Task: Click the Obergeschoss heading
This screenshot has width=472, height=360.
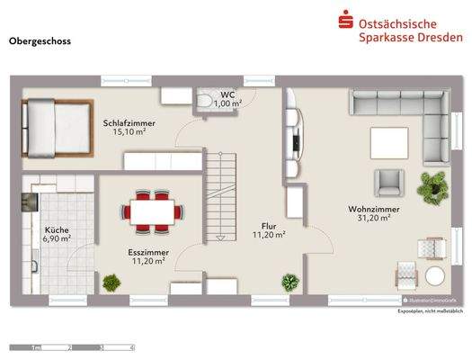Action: [40, 41]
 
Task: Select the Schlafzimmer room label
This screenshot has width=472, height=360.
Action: [129, 121]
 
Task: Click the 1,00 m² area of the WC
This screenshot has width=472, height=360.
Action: [227, 103]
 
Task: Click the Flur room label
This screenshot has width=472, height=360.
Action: [268, 226]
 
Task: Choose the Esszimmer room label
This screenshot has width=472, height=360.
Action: [145, 252]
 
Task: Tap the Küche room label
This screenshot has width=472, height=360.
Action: [57, 229]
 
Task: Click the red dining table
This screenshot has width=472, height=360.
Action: [152, 210]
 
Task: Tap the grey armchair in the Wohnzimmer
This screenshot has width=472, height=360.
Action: [388, 182]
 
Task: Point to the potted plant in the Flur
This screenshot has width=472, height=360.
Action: [289, 282]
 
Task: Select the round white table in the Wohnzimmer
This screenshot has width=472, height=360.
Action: [436, 275]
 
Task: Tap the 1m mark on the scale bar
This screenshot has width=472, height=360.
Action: [37, 347]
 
